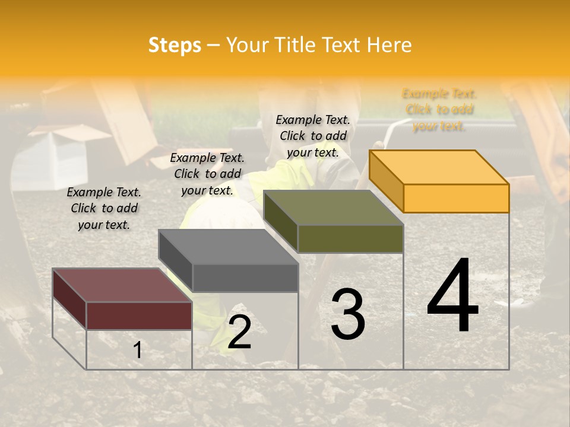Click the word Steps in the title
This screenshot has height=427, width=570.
point(175,45)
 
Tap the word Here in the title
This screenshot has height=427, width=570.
point(389,45)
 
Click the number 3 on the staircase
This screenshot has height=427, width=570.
point(348,314)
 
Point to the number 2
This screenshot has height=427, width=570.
point(239,332)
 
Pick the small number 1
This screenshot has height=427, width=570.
point(138,350)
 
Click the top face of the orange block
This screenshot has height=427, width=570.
point(438,167)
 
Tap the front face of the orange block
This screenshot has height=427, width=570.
point(456,198)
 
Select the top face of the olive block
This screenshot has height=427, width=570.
point(333,208)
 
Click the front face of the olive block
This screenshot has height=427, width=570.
point(350,238)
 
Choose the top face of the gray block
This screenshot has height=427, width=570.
point(228,247)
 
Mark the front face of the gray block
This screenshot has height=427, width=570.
point(245,278)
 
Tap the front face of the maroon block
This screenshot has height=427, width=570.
point(139,316)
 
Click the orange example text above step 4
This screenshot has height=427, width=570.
point(439,110)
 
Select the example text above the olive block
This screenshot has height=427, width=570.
point(313,136)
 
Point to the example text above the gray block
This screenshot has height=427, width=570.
point(207,174)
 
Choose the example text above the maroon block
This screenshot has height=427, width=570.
point(104,208)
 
